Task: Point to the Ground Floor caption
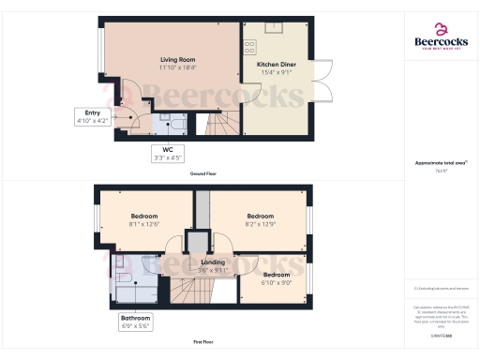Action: tap(204, 173)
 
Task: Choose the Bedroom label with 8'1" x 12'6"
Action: tap(144, 215)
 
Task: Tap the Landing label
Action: tap(213, 262)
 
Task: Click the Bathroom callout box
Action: tap(134, 322)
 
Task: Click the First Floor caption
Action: tap(204, 343)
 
